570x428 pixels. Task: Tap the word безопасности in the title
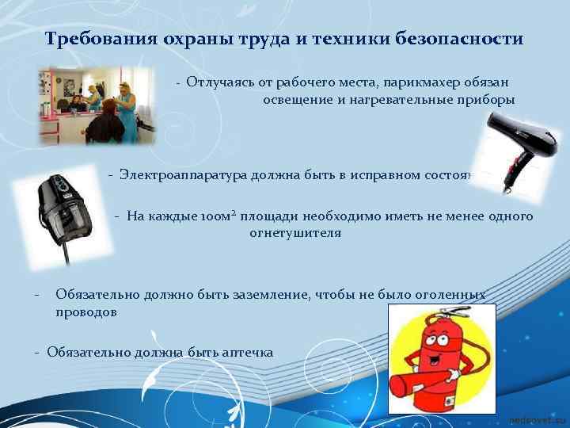pos(465,39)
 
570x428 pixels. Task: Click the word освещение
pos(301,100)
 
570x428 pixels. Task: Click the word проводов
pos(86,311)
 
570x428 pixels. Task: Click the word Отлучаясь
pos(218,82)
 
